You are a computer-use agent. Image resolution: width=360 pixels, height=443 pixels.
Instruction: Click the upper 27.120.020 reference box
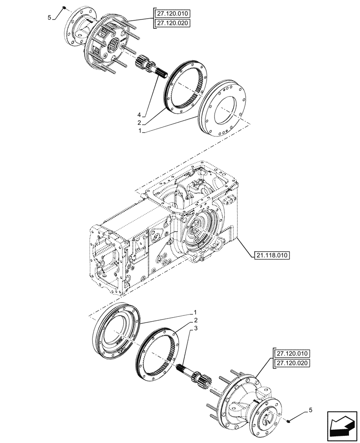pos(171,23)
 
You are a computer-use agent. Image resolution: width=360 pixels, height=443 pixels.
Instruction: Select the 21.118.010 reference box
pos(272,255)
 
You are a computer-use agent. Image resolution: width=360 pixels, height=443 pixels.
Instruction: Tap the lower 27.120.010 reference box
pos(293,354)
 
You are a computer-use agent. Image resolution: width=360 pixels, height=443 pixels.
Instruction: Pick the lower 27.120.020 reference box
pos(293,364)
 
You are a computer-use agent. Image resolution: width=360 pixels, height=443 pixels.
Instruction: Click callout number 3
pos(193,328)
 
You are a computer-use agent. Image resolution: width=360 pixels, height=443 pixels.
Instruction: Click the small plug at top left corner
pos(64,8)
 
